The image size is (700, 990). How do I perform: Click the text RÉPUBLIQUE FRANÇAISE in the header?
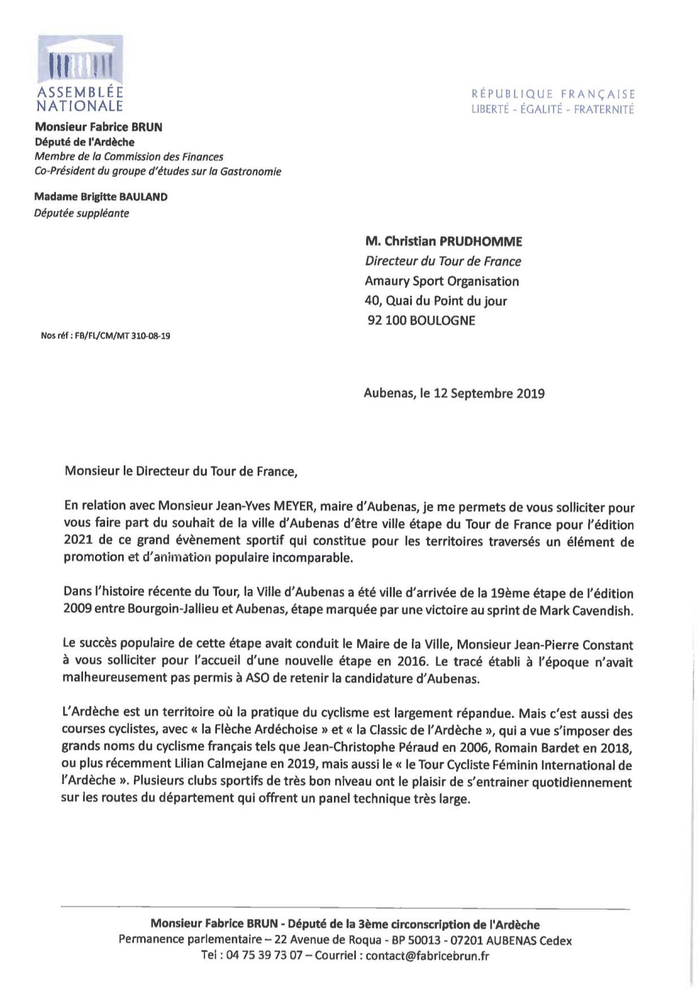(x=553, y=94)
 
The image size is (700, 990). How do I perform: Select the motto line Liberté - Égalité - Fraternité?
(x=553, y=110)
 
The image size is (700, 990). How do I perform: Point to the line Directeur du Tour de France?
(x=443, y=262)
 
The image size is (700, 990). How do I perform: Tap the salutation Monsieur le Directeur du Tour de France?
(x=181, y=471)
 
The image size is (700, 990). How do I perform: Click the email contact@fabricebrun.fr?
(x=427, y=956)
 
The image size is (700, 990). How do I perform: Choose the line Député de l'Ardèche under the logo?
(x=85, y=142)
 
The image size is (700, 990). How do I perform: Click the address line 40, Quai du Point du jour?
(x=436, y=301)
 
